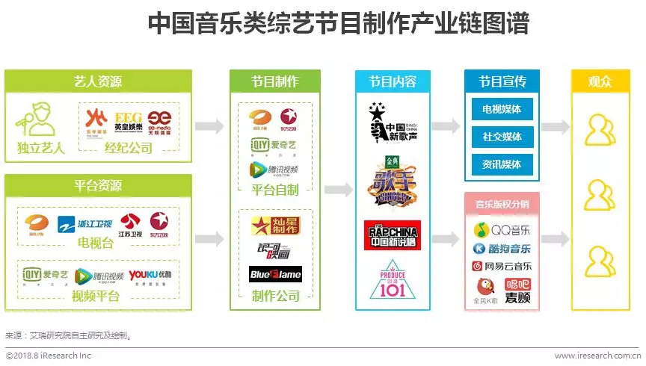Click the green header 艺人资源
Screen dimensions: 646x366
coord(98,81)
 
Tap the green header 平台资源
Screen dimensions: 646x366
coord(98,185)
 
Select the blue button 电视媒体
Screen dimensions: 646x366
coord(502,109)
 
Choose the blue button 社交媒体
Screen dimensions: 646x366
coord(502,137)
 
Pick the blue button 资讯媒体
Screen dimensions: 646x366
coord(502,164)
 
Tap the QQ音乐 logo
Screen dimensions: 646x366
coord(502,229)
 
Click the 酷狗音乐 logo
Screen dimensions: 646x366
coord(502,247)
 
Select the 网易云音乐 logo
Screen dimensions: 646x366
coord(502,266)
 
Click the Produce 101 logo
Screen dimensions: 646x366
coord(392,281)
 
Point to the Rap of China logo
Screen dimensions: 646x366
coord(392,235)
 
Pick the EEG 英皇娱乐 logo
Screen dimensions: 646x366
coord(128,120)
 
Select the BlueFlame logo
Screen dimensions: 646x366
coord(275,273)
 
